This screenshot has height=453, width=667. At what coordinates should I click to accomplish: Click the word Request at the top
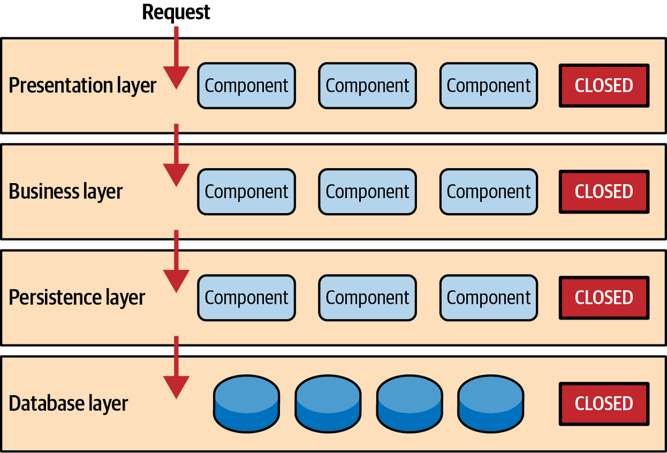pos(176,12)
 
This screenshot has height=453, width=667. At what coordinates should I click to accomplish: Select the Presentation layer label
pos(82,86)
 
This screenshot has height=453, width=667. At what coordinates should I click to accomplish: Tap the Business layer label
pos(66,191)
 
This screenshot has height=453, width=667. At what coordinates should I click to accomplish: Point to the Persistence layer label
pos(77,297)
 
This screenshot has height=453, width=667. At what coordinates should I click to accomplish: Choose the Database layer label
pos(68,403)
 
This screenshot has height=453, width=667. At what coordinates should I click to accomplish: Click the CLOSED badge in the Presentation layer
pos(604,86)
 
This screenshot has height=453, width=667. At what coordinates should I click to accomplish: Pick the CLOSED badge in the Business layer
pos(604,191)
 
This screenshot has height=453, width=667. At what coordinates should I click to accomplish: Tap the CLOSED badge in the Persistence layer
pos(604,297)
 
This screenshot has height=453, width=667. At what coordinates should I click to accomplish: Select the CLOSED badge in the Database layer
pos(604,403)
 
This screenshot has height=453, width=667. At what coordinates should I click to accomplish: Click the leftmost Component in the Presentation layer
pos(246,86)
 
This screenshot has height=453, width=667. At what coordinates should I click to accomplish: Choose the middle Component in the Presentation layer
pos(367,86)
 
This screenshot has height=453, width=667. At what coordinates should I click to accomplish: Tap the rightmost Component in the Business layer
pos(489,191)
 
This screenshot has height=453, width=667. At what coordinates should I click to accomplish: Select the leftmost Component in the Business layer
pos(246,191)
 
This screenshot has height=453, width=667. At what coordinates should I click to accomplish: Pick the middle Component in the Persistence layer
pos(367,297)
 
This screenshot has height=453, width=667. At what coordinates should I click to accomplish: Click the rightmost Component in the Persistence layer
pos(489,297)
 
